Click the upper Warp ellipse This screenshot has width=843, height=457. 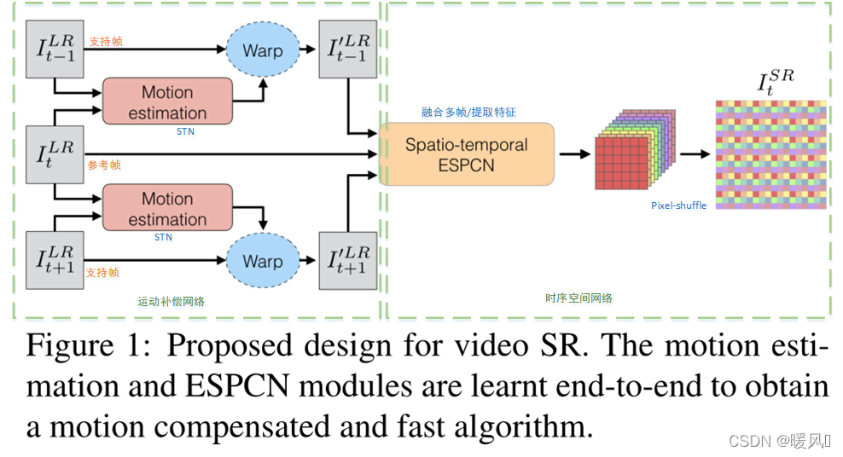262,51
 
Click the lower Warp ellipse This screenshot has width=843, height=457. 262,261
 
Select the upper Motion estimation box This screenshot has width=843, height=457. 167,102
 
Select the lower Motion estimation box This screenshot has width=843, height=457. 167,209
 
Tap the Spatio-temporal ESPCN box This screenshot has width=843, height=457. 466,154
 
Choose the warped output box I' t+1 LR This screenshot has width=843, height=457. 349,261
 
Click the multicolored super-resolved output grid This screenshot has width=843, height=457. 771,154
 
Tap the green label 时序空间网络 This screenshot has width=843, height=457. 578,298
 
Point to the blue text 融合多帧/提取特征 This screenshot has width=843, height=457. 468,112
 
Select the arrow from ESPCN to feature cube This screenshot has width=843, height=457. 573,154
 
